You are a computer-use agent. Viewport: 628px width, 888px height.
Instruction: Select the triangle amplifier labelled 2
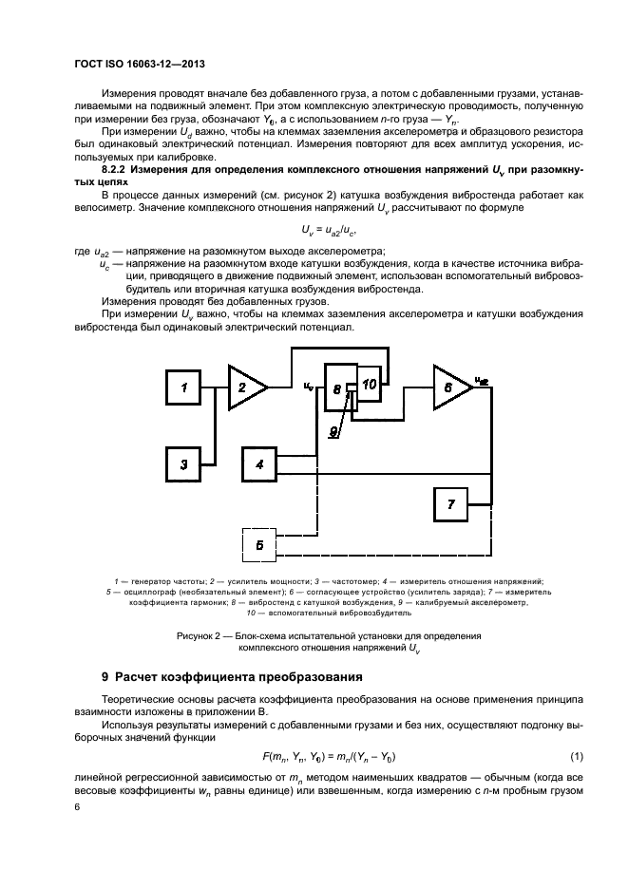(244, 387)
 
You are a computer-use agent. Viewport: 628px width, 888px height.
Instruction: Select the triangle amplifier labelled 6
(449, 387)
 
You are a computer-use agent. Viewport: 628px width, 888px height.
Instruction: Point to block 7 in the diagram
(452, 503)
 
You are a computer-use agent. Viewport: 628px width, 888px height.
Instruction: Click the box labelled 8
(335, 388)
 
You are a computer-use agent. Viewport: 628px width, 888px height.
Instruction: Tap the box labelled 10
(371, 382)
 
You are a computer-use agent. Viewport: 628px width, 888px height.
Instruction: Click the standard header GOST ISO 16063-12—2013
(141, 64)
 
